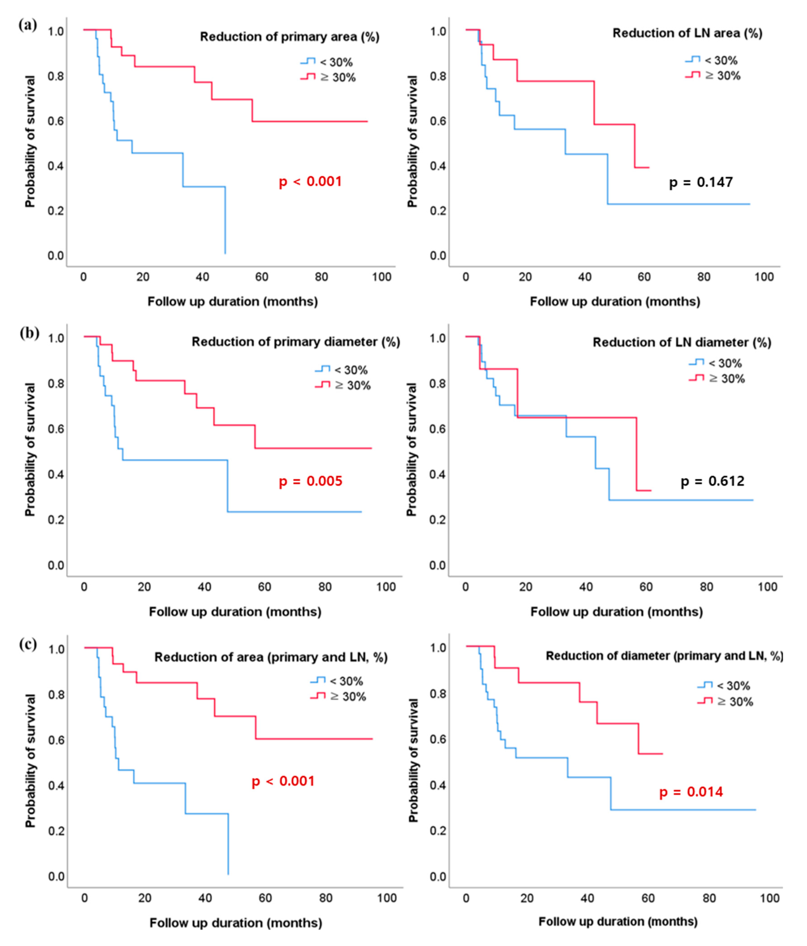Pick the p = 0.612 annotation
(712, 481)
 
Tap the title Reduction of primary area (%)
(289, 37)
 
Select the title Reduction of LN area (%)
(687, 33)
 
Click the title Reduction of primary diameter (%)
(295, 342)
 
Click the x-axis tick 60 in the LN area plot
(644, 277)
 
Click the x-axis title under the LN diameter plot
(616, 612)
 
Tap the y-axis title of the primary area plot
(30, 142)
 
